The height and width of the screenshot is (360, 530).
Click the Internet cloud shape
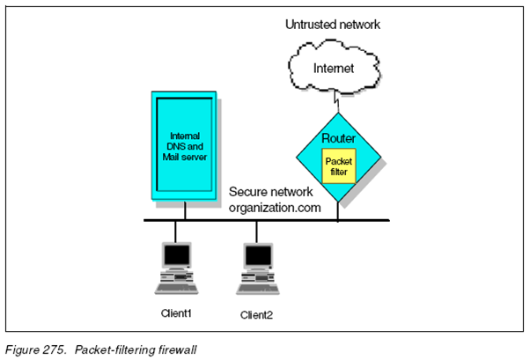coord(334,67)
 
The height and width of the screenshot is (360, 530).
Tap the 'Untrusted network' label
coord(333,25)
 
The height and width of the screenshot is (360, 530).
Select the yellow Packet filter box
coord(339,166)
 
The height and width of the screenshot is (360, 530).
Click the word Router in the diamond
coord(338,138)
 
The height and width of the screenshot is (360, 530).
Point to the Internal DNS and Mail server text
coord(185,146)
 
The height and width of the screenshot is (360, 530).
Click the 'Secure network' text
coord(271,192)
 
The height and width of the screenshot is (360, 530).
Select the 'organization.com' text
coord(275,208)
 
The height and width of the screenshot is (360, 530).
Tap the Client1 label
coord(176,313)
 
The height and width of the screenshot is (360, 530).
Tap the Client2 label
coord(256,315)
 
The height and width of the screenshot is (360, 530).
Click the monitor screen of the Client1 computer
coord(177,255)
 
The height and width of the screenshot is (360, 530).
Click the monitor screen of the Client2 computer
coord(258,255)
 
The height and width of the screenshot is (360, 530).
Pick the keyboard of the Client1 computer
coord(176,289)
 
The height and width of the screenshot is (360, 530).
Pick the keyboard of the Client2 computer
coord(258,290)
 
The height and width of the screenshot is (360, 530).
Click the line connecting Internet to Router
coord(336,101)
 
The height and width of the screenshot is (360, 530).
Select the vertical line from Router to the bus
coord(338,211)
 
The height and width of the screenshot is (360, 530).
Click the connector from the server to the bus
coord(185,210)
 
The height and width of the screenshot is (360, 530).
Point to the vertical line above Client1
coord(175,231)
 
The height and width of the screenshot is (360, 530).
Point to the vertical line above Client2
coord(256,231)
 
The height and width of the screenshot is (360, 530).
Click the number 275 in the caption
coord(54,349)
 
